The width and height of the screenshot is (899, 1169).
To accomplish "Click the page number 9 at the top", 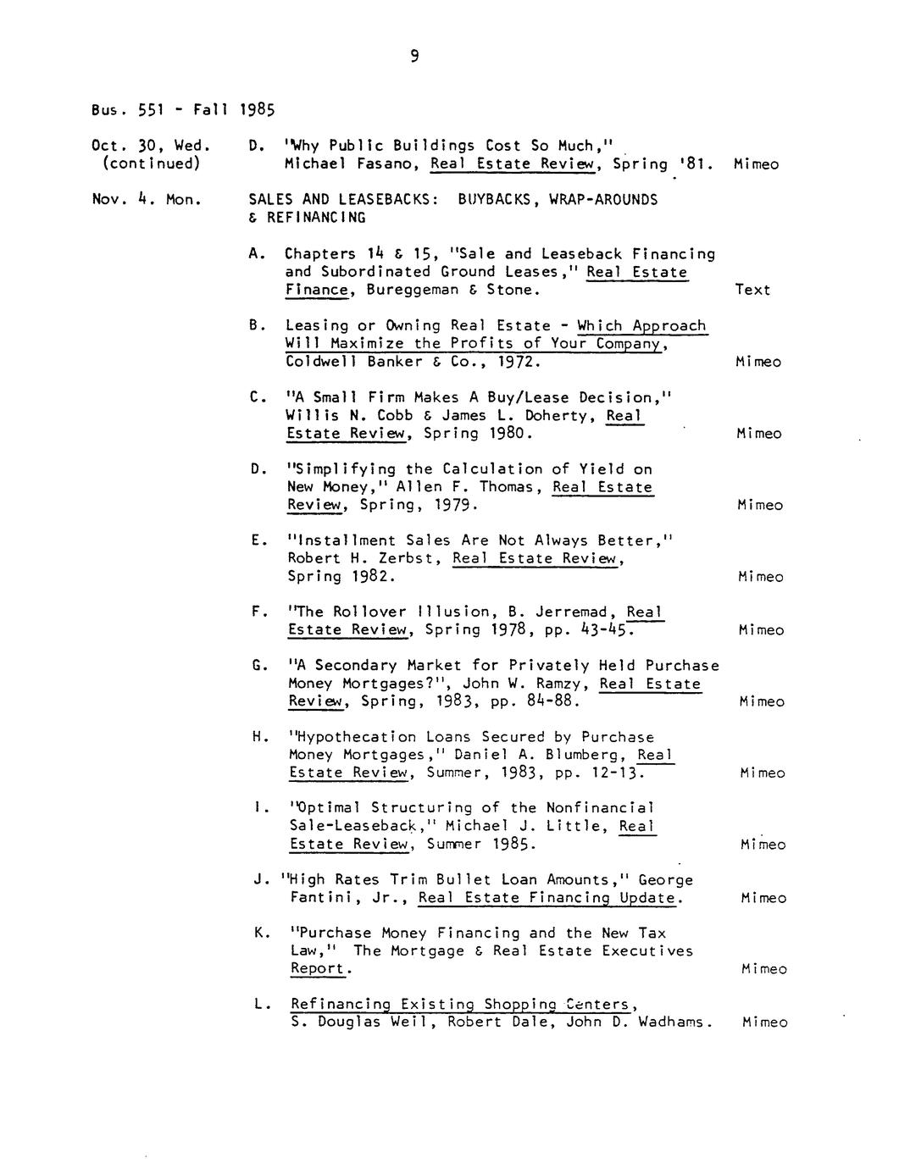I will (x=414, y=57).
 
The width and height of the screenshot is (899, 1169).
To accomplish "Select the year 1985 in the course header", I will (x=258, y=109).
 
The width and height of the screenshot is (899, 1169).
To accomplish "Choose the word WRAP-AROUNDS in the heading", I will (x=603, y=200).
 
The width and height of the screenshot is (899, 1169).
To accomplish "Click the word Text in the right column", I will (x=752, y=290).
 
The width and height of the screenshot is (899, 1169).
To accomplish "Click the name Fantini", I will (x=321, y=898).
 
